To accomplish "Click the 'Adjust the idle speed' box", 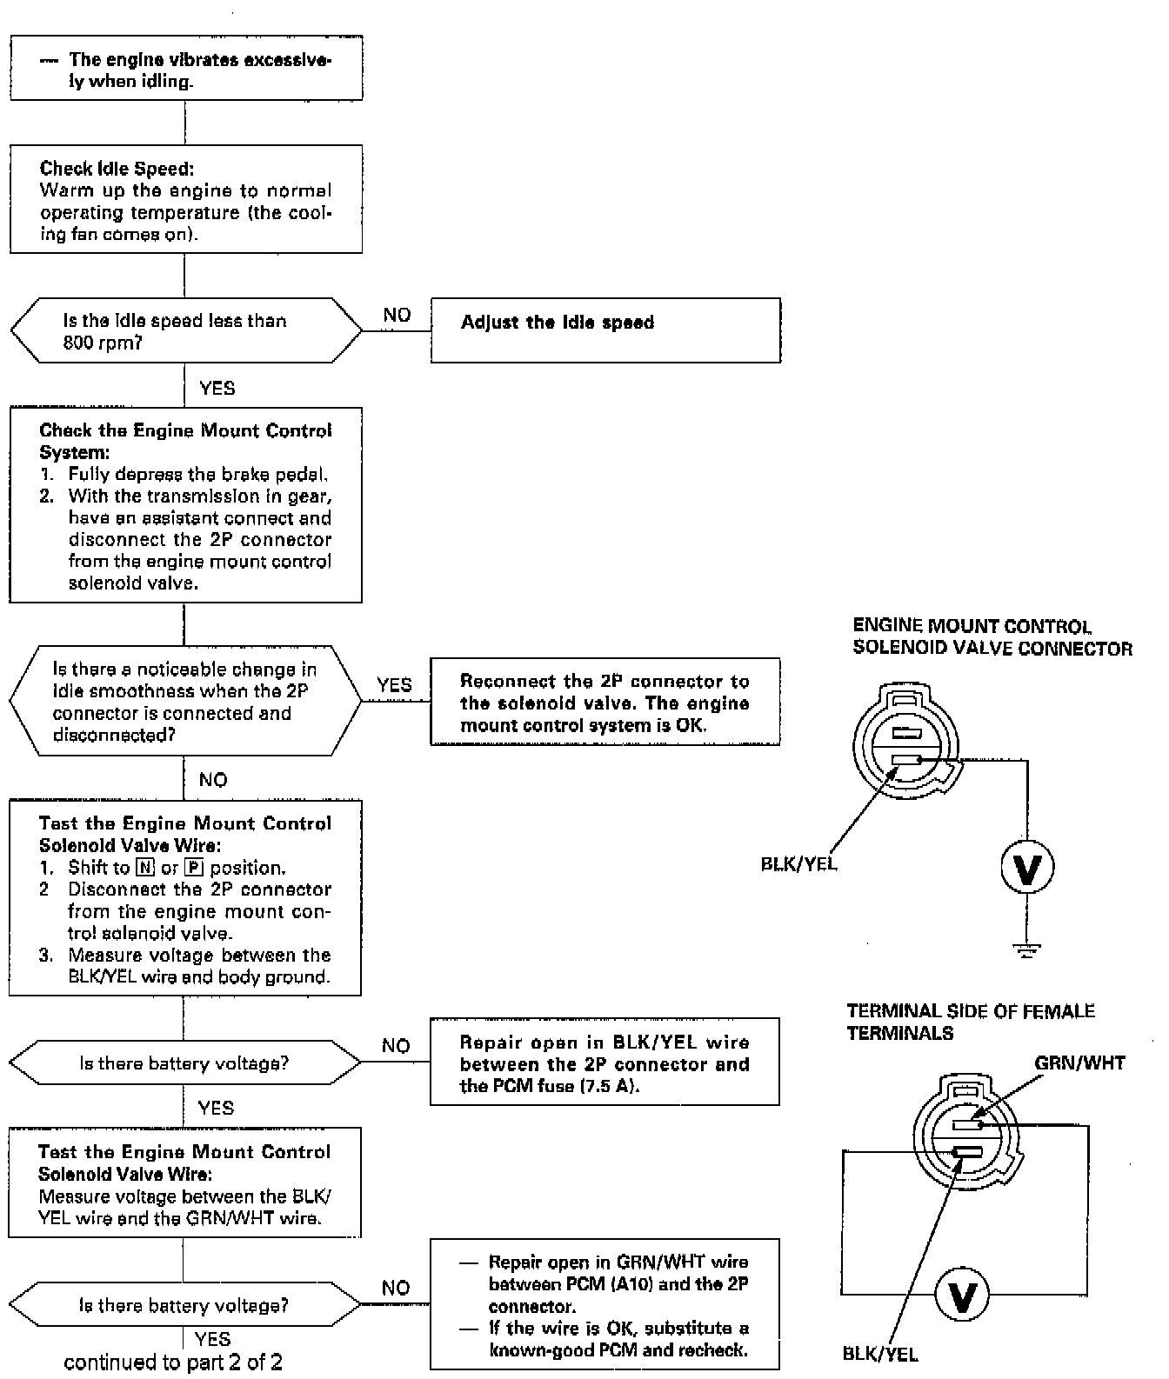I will tap(605, 330).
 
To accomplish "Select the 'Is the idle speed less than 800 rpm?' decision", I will tap(185, 331).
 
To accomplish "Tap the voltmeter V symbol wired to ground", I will tap(1027, 868).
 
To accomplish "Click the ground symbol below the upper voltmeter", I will tap(1027, 950).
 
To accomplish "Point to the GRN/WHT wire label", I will tap(1079, 1063).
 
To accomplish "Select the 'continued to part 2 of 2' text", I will tap(173, 1362).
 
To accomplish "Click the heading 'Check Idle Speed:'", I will tap(117, 169).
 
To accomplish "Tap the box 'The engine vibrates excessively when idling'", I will tap(185, 69).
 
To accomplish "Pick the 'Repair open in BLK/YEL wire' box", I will tap(605, 1063).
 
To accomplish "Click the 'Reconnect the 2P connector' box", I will tap(605, 703).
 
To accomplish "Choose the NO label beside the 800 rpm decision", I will tap(397, 315).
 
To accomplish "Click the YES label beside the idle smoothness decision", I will tap(395, 685).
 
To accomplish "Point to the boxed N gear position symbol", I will tap(145, 868).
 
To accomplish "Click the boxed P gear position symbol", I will tap(194, 868).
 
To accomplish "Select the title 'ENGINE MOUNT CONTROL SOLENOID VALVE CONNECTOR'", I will tap(992, 637).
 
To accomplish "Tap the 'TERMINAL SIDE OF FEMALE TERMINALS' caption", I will tap(970, 1022).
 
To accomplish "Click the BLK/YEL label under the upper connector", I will tap(798, 865).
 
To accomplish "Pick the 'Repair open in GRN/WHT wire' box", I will tap(605, 1305).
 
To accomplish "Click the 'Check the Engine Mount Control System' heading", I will tap(185, 441).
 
